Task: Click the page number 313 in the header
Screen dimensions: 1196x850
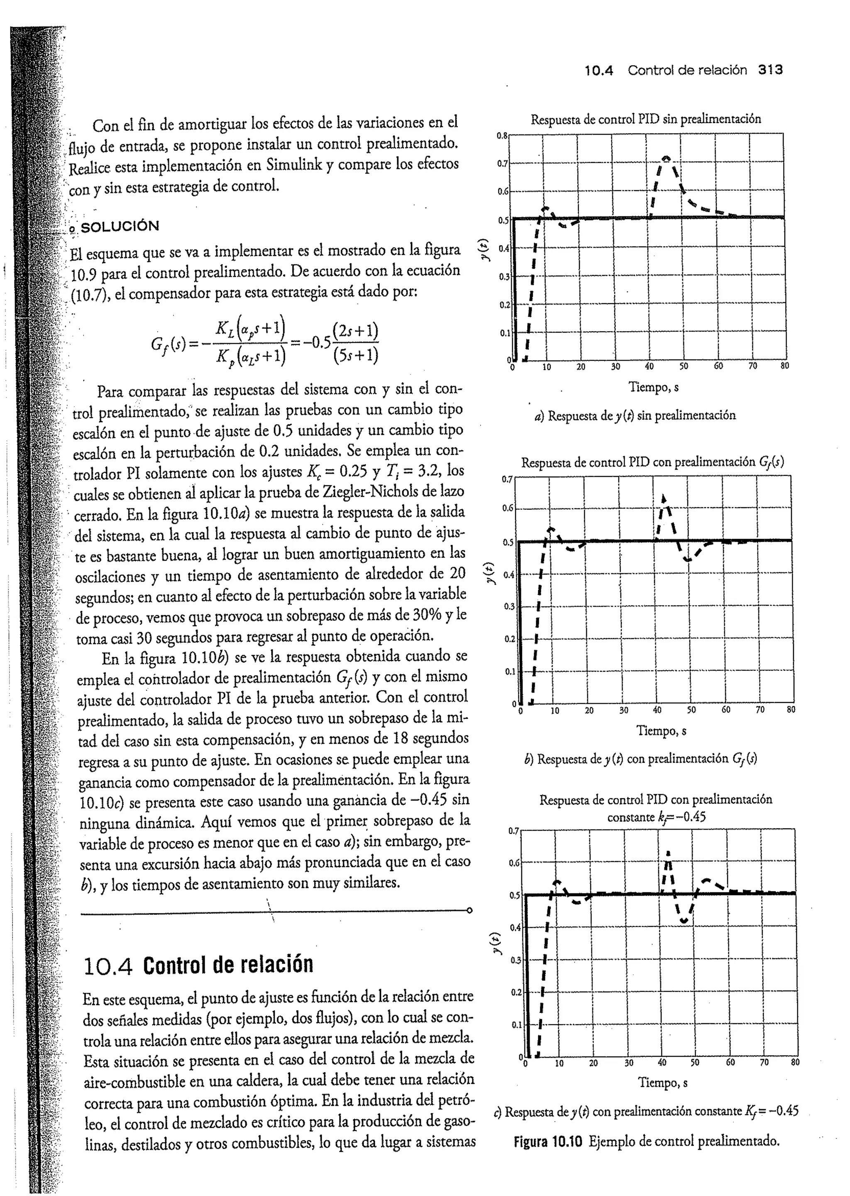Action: point(770,70)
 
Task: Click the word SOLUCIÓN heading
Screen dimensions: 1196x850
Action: point(120,227)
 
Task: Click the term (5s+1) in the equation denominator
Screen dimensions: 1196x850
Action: point(355,356)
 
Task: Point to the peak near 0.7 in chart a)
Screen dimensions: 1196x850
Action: point(666,158)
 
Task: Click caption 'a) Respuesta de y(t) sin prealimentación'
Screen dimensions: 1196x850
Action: point(634,415)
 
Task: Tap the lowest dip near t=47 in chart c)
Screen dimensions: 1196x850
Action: point(684,921)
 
